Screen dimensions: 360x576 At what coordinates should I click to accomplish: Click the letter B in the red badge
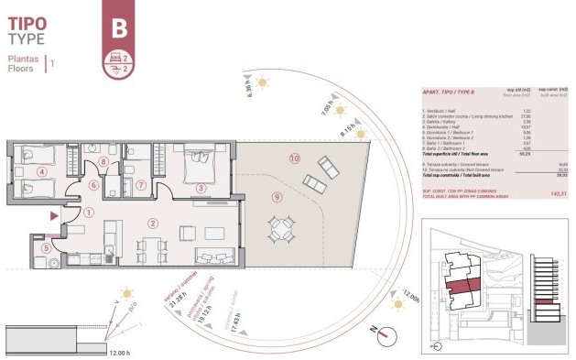pos(118,28)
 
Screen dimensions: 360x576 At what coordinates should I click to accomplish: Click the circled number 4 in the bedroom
pos(41,171)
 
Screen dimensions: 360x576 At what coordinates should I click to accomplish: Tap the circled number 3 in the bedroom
pos(201,189)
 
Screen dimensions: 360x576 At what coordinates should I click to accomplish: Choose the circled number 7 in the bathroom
pos(141,184)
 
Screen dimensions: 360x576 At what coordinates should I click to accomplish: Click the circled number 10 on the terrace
pos(294,158)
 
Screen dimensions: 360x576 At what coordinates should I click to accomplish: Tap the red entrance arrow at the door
pos(55,215)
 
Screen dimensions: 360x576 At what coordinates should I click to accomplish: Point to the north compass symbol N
pos(374,331)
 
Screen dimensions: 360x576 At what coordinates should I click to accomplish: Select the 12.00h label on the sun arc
pos(410,300)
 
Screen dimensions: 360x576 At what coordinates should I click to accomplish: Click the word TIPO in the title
pos(27,21)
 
